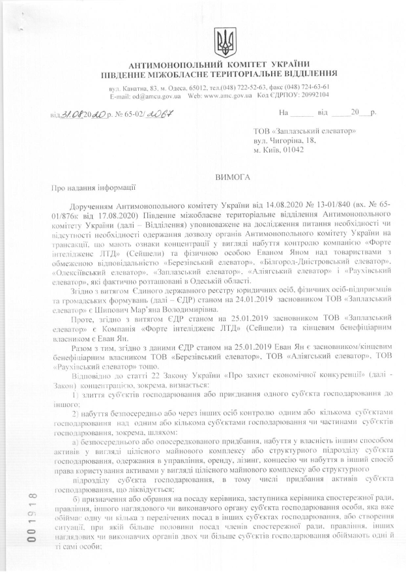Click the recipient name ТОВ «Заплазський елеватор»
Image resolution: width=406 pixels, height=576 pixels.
pyautogui.click(x=304, y=131)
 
